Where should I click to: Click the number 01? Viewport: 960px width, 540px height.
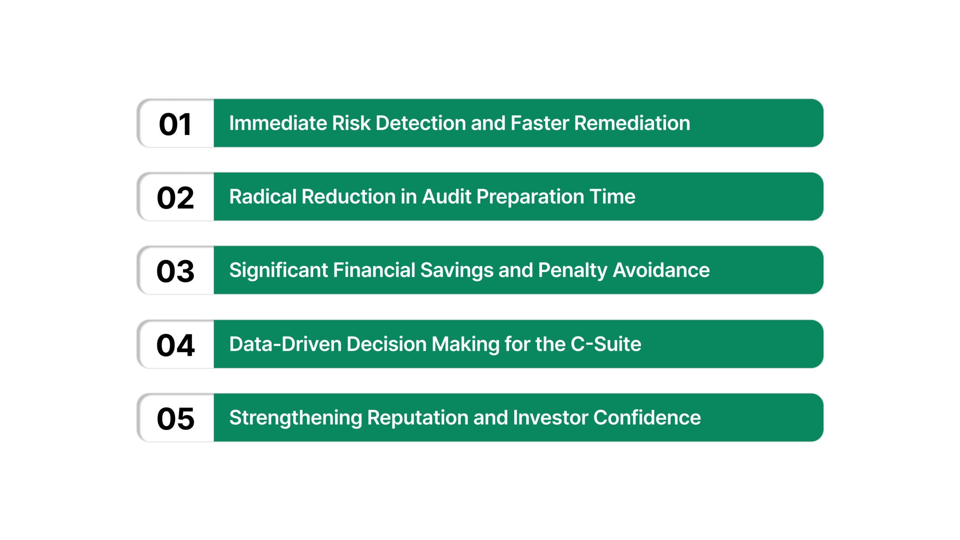[x=175, y=124]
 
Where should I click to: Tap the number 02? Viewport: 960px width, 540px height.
[x=175, y=198]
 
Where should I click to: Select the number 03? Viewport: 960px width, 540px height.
[x=175, y=271]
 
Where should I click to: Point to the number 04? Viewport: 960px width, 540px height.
[x=175, y=345]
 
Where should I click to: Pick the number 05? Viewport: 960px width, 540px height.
[x=175, y=418]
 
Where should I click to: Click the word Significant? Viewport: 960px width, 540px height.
[x=278, y=270]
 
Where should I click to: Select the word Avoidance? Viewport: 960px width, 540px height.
[x=661, y=270]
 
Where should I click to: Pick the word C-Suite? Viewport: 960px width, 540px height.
[x=606, y=344]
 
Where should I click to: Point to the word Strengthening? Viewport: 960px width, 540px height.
[x=295, y=418]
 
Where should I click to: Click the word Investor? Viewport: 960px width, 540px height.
[x=550, y=418]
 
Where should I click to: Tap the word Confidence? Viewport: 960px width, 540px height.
[x=647, y=418]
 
